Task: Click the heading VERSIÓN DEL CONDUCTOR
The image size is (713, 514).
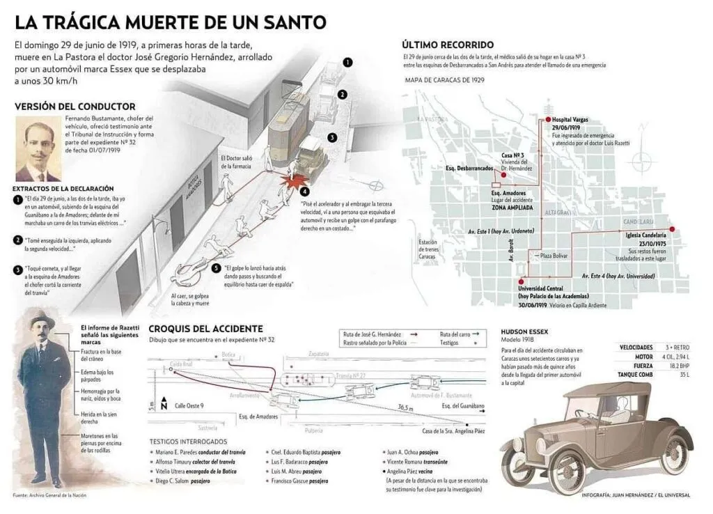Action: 75,107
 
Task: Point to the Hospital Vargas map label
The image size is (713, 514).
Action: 570,120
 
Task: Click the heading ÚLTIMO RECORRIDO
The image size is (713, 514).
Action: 448,45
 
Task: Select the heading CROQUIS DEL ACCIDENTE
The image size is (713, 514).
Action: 205,329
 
